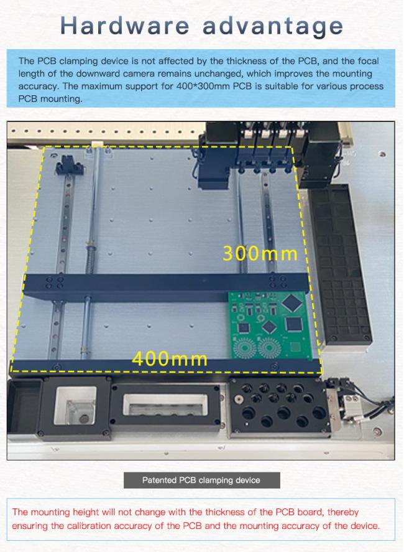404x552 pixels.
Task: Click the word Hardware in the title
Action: click(x=124, y=26)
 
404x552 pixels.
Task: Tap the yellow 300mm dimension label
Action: click(x=260, y=253)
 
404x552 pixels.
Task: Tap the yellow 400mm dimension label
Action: click(x=170, y=358)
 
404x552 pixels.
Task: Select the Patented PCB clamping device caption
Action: click(x=201, y=480)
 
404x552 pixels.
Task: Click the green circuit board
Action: click(x=270, y=325)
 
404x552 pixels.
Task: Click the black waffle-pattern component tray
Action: click(x=341, y=264)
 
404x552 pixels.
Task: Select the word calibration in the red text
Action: click(x=89, y=526)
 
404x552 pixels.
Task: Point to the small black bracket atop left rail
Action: click(x=70, y=165)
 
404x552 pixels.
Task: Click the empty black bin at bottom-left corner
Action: click(x=24, y=406)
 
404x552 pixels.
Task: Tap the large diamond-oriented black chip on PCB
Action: click(x=292, y=303)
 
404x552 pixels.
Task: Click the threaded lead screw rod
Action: click(x=90, y=246)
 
